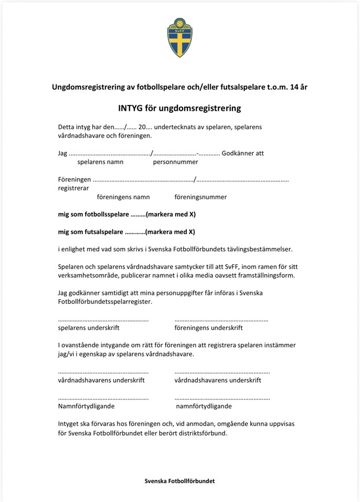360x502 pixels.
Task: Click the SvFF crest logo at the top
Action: coord(179,38)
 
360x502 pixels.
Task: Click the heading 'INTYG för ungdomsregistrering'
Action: coord(179,109)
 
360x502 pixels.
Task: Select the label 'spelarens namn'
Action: coord(99,162)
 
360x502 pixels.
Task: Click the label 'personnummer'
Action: coord(175,162)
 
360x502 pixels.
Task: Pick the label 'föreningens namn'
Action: coord(123,197)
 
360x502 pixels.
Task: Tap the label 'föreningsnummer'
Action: coord(200,197)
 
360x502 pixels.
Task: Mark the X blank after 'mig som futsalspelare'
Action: coord(134,232)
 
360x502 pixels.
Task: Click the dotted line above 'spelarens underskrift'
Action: coord(103,320)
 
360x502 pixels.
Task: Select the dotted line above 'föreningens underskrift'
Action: coord(221,320)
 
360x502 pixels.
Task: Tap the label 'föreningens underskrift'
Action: coord(208,328)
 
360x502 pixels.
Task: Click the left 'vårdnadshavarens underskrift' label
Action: coord(101,380)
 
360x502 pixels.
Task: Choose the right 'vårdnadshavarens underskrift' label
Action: coord(218,380)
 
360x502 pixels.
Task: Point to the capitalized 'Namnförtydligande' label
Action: coord(86,406)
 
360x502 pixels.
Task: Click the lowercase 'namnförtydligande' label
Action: coord(204,406)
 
